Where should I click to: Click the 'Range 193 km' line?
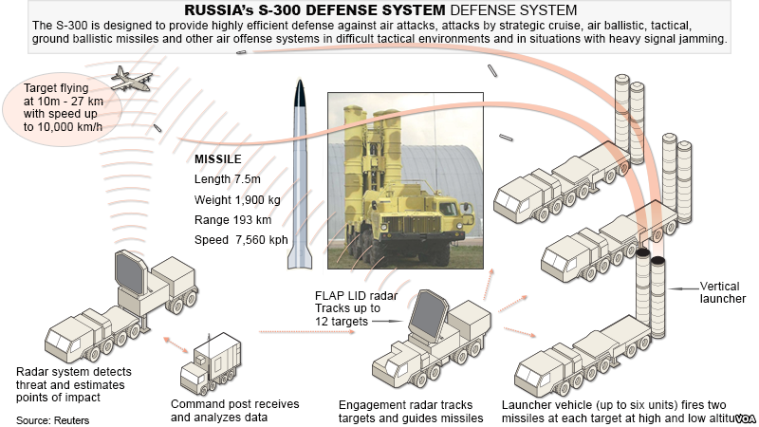pos(234,221)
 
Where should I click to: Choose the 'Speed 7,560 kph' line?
pos(242,240)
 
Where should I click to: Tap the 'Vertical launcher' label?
pos(722,291)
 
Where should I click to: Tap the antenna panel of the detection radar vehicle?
pos(130,275)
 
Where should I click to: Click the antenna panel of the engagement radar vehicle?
pos(428,316)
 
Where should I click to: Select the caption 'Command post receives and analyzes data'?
pos(234,410)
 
